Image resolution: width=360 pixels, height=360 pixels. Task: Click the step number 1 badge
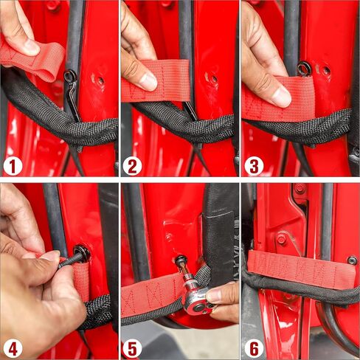coord(13,167)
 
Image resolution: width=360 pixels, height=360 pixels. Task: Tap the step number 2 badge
coord(133,167)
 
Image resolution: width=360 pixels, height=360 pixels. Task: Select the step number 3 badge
coord(254,167)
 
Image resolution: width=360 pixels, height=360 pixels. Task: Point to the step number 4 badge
coord(13,348)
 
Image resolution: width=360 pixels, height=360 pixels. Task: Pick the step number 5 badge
coord(133,348)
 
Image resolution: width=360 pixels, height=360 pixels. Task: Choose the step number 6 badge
coord(254,348)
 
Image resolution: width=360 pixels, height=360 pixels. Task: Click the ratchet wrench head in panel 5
coord(197,297)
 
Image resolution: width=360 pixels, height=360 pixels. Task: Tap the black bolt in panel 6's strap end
coord(352,260)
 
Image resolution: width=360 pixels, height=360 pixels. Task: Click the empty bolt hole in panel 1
coord(100,80)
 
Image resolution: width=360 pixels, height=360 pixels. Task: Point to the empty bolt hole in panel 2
coord(214,79)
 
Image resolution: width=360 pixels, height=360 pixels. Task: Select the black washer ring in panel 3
coord(305,69)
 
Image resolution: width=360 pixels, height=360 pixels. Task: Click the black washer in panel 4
coord(82,253)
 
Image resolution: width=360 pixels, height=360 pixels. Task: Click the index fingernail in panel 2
coord(148,83)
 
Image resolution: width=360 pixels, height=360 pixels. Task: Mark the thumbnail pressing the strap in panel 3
coord(282,97)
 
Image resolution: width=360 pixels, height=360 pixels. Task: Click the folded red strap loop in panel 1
coord(35,60)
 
